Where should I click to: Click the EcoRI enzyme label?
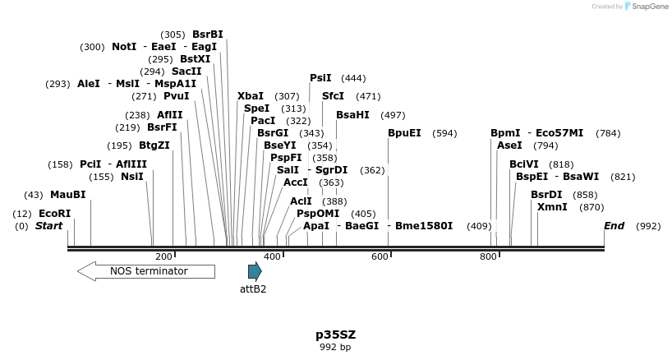(x=55, y=214)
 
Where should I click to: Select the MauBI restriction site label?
(x=67, y=195)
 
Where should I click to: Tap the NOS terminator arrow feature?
(x=145, y=270)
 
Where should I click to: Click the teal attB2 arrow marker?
(x=255, y=271)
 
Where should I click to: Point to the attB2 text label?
(x=253, y=288)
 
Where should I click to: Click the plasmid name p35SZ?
(x=335, y=335)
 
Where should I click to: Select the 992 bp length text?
(x=335, y=348)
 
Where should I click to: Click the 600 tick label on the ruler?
(x=380, y=257)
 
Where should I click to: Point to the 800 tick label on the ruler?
(x=488, y=257)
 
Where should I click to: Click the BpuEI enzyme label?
(x=404, y=133)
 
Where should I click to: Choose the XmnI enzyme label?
(x=552, y=207)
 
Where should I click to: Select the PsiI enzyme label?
(x=320, y=78)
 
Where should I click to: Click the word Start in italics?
(x=48, y=226)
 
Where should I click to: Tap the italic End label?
(x=614, y=226)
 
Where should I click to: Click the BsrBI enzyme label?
(x=208, y=35)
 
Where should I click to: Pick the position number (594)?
(x=444, y=133)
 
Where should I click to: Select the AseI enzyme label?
(x=509, y=145)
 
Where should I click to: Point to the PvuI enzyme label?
(x=177, y=96)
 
